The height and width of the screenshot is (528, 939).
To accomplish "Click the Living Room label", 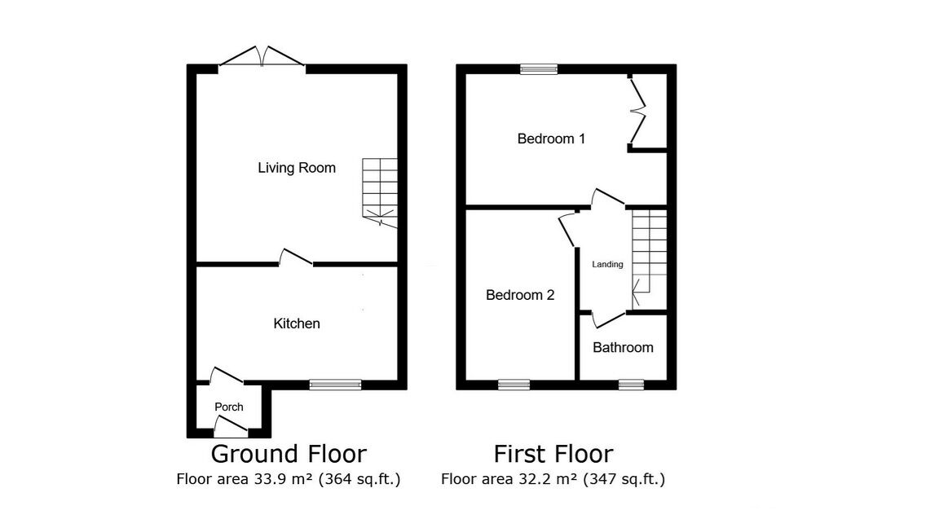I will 297,168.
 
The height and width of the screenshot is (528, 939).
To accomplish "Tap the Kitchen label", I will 296,323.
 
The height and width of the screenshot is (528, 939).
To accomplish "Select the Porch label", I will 228,407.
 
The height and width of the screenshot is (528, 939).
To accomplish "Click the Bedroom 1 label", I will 551,139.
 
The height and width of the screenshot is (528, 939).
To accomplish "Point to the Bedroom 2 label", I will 520,295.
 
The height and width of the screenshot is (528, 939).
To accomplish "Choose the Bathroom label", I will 623,347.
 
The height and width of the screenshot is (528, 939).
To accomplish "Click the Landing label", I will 607,264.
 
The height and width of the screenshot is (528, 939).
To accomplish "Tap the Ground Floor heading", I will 289,453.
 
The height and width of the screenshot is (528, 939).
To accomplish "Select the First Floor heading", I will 553,453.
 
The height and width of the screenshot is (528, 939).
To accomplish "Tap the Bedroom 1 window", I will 539,69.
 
